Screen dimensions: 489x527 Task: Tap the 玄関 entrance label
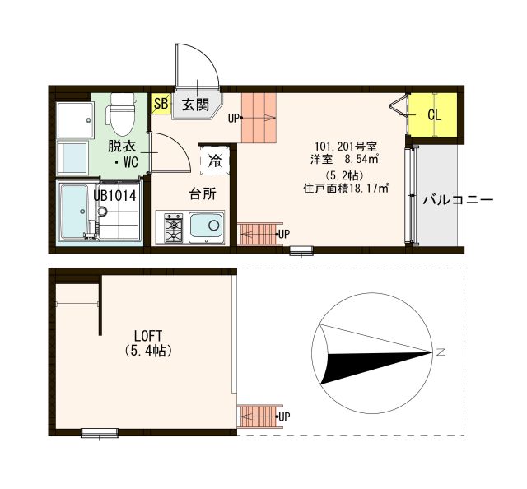point(195,105)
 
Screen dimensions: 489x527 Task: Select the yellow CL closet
point(433,114)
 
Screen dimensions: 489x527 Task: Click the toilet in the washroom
point(122,115)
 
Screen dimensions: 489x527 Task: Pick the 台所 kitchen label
point(203,195)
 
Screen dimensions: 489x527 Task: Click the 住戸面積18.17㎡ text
point(346,188)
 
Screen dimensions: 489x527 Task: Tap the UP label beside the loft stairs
point(284,417)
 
